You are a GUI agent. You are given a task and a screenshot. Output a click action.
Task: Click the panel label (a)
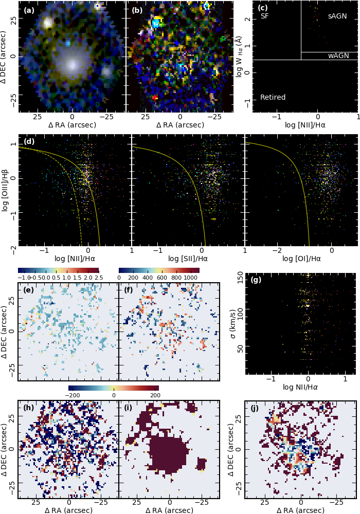point(28,9)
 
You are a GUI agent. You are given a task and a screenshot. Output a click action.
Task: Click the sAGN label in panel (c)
point(337,16)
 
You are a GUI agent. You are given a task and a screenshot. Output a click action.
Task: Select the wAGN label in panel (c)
point(338,56)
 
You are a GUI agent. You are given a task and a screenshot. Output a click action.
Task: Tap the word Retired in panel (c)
point(273,97)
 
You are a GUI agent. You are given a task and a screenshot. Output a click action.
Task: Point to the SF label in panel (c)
point(265,16)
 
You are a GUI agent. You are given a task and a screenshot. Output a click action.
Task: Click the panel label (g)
point(256,280)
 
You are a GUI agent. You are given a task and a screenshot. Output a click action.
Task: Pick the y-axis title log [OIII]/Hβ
point(6,191)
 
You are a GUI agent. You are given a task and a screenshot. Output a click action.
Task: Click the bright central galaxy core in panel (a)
point(71,64)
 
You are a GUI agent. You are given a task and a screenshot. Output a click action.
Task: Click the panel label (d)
point(29,141)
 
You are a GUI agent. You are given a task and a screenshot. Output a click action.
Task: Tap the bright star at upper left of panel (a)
point(48,23)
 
